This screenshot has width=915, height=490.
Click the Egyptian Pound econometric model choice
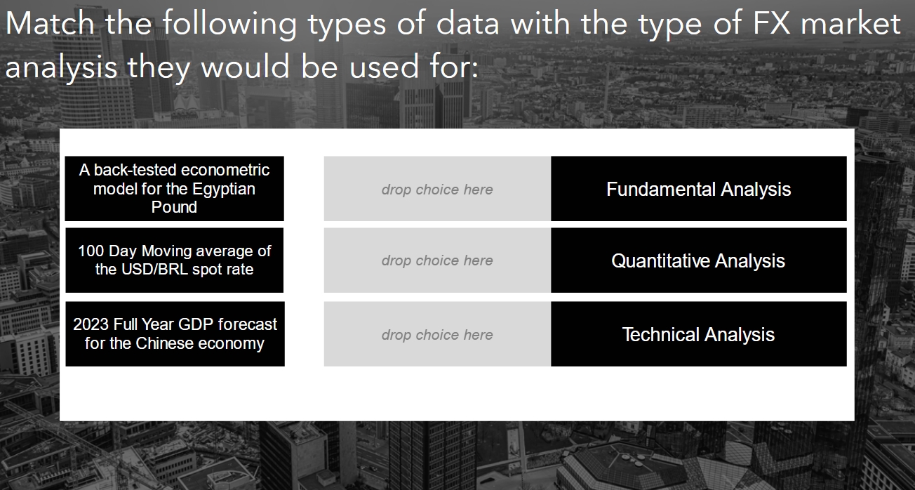tap(174, 188)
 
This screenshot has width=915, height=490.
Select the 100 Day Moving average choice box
tap(174, 260)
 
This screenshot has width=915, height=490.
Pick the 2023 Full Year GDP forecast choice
tap(175, 333)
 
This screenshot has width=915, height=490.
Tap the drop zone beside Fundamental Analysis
tap(437, 189)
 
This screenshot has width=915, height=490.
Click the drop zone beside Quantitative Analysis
tap(437, 260)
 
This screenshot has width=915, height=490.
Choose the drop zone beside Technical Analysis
tap(437, 335)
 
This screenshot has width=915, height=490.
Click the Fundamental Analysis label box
tap(698, 189)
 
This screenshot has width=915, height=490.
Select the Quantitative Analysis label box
tap(698, 260)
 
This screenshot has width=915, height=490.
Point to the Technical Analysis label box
tap(698, 334)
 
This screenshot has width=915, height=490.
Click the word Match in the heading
tap(50, 25)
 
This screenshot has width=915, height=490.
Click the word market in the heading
tap(850, 25)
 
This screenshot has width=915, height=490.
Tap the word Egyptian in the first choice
tap(224, 189)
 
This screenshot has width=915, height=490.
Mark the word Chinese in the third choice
tap(163, 343)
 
